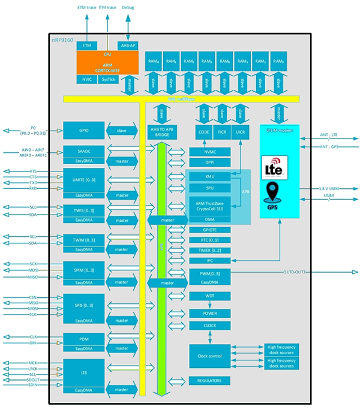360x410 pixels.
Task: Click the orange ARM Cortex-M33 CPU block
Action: (x=107, y=64)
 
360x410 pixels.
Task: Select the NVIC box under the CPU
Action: (x=86, y=79)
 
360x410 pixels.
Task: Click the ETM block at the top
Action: (x=88, y=46)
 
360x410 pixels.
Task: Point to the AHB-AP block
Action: (x=128, y=46)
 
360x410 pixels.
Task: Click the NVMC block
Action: (x=209, y=152)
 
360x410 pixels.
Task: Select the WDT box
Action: (x=209, y=296)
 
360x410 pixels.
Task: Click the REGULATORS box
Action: (x=209, y=381)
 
